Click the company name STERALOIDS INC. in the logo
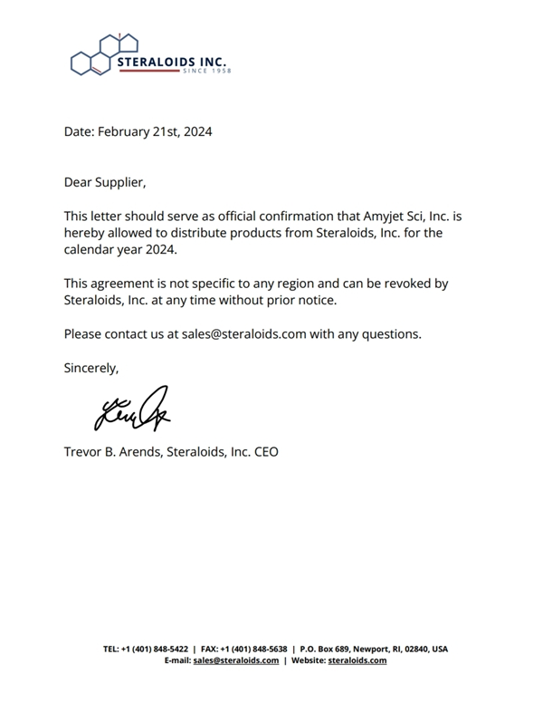tap(174, 62)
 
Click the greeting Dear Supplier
tap(104, 182)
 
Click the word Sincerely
tap(90, 367)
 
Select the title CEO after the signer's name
tap(265, 450)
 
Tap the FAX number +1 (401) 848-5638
tap(254, 649)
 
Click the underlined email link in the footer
tap(236, 660)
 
